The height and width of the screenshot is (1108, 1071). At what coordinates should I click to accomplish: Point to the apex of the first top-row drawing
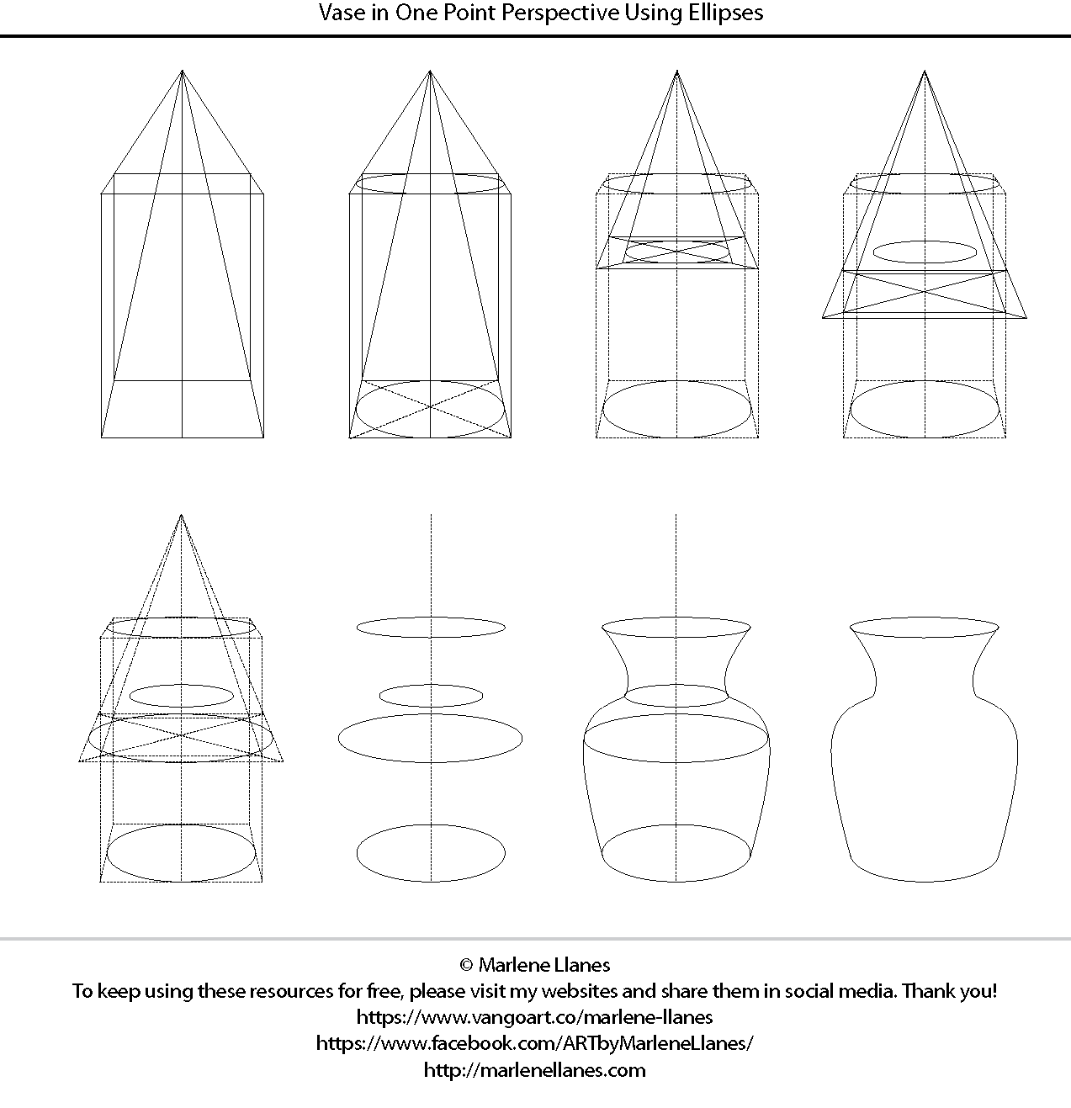(183, 71)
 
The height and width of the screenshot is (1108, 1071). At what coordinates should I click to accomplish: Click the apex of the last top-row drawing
(925, 71)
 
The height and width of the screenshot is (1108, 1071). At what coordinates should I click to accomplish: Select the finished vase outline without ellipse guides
(925, 757)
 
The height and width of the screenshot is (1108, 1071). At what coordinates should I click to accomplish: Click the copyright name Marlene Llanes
(544, 964)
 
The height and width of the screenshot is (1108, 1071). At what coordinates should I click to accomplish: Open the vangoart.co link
(535, 1016)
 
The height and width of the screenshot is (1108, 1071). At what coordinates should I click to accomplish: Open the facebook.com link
(535, 1043)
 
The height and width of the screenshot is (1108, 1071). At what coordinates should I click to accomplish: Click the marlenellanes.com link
(535, 1070)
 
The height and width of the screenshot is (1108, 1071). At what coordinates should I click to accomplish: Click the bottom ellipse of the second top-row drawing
(430, 409)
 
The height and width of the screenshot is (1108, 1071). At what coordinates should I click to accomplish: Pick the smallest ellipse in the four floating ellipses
(431, 695)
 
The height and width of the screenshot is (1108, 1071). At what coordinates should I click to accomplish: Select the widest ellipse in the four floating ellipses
(430, 738)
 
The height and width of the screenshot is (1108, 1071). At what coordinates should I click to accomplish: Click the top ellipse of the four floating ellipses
(431, 627)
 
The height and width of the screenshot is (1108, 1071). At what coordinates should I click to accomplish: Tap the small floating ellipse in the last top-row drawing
(925, 251)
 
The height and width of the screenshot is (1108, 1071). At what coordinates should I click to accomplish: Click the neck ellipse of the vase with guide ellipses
(676, 695)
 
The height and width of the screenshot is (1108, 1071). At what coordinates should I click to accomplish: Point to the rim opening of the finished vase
(925, 627)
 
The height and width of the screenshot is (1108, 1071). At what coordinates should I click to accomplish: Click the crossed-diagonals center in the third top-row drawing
(677, 250)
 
